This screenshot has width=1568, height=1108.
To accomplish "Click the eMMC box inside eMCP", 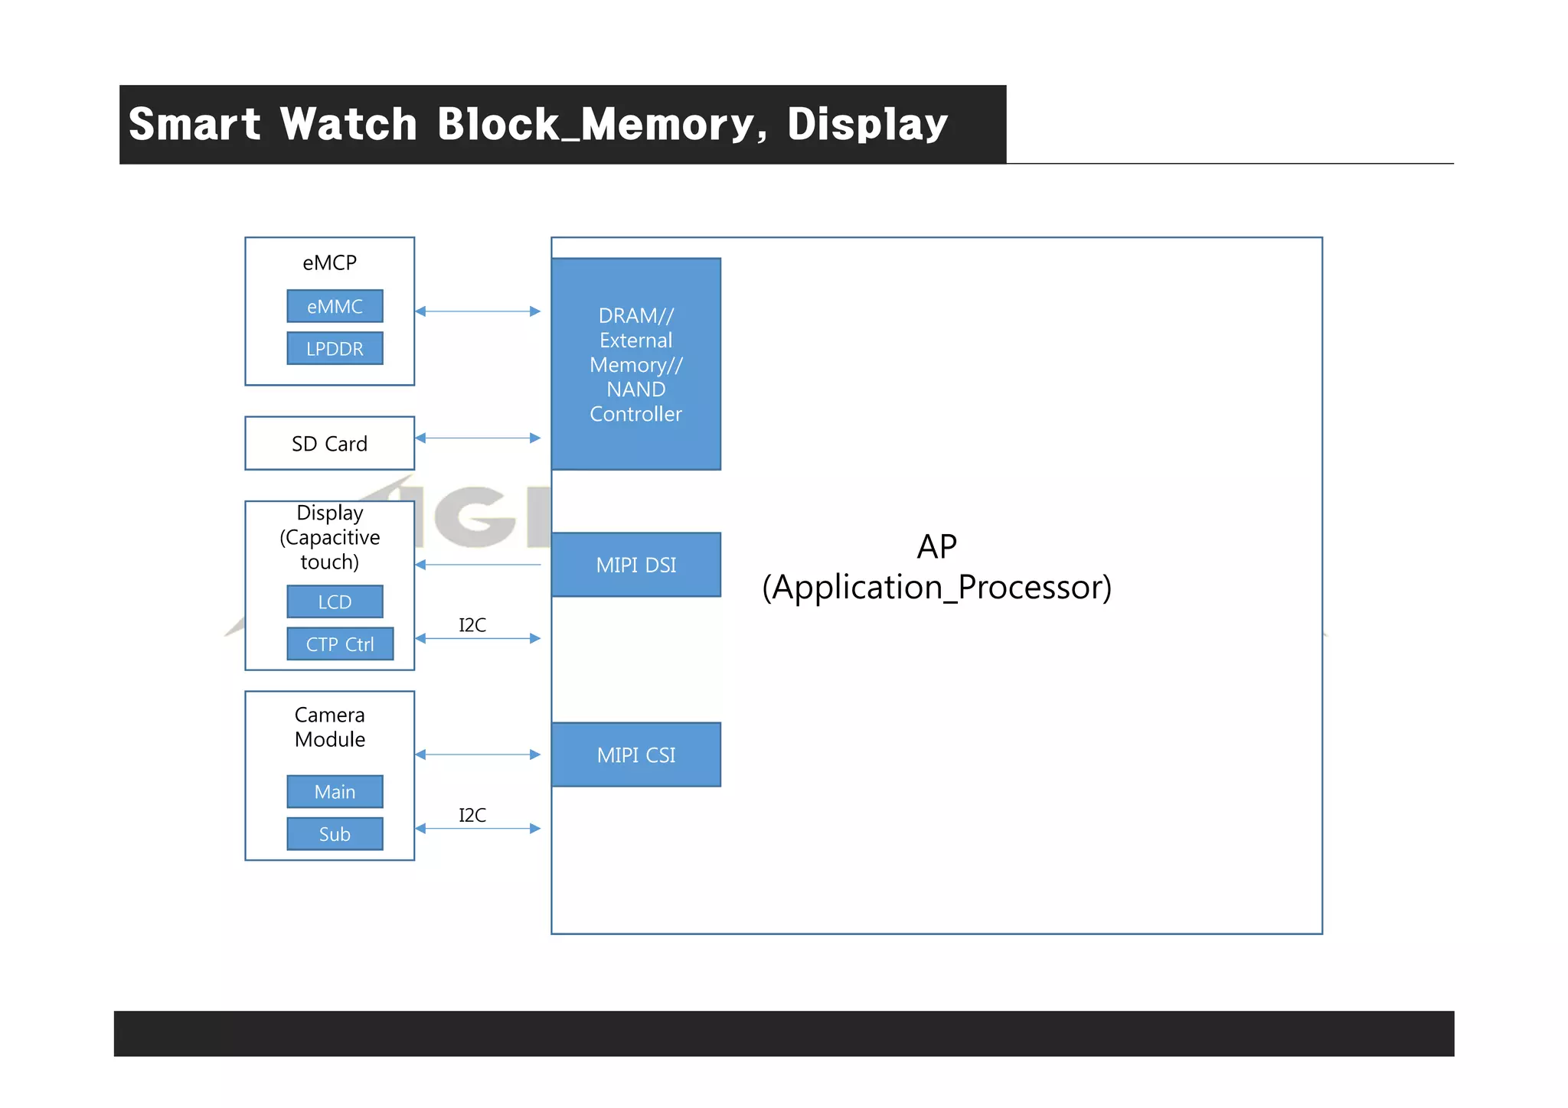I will pos(335,306).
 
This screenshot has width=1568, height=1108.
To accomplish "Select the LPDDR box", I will pos(335,348).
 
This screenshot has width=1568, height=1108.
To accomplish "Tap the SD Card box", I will pos(329,443).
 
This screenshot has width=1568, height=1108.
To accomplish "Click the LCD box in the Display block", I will pos(335,601).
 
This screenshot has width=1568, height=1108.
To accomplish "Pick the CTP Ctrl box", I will pos(340,644).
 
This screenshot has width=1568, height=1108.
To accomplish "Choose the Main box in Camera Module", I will pos(335,791).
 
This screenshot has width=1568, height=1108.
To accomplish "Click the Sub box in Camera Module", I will pos(335,833).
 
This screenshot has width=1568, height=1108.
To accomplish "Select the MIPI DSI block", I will pos(635,565).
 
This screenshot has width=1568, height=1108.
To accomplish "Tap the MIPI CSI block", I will pos(635,754).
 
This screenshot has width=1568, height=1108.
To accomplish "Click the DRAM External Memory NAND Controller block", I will pos(635,364).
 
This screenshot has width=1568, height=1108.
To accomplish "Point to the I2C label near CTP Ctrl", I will pos(472,625).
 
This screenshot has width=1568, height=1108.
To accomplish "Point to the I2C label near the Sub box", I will pos(472,815).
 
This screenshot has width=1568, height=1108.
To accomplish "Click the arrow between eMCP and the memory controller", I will pos(478,311).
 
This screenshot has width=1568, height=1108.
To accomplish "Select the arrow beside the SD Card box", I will pos(478,438).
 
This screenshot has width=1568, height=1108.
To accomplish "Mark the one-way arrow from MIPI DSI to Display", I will pos(478,565).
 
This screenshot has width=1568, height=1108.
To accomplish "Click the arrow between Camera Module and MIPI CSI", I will pos(478,754).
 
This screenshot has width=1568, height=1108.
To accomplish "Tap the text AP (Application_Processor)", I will pos(936,568).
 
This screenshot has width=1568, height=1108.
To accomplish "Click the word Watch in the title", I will pos(348,124).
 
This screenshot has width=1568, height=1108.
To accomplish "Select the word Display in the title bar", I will pos(867,124).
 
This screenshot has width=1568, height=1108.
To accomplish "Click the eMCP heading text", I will pos(329,262).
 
